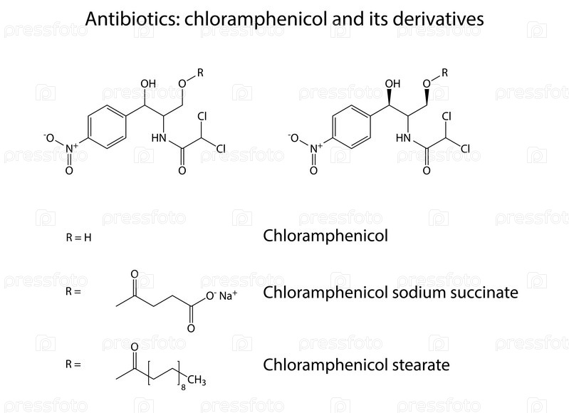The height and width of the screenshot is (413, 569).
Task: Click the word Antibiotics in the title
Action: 132,19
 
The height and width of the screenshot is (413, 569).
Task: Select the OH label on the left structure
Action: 148,84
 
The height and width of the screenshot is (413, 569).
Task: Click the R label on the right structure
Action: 444,73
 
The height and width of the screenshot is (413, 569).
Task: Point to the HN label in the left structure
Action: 159,138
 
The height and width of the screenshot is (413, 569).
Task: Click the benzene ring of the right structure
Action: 351,127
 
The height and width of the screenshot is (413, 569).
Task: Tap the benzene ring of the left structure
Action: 107,127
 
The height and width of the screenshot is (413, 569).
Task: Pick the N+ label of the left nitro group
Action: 71,148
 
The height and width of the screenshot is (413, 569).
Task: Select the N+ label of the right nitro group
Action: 316,148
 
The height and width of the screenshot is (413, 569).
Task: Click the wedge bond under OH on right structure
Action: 390,98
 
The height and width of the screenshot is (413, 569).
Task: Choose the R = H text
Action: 79,238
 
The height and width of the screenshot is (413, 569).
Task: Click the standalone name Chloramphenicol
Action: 325,236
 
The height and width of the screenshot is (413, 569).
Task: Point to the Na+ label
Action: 228,296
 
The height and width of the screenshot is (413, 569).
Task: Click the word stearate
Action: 421,365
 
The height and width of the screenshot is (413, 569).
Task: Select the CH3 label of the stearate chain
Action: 197,380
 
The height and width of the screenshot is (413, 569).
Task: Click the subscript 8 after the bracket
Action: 183,387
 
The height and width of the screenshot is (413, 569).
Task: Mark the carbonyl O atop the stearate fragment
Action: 135,347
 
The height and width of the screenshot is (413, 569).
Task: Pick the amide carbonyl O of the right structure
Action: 427,170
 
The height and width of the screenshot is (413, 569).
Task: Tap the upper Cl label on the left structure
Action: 202,116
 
